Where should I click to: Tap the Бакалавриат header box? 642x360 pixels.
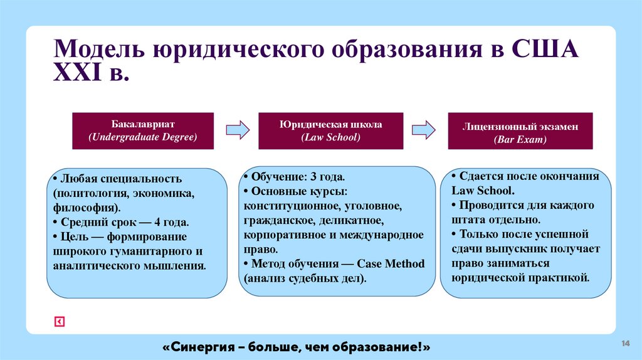pos(143,130)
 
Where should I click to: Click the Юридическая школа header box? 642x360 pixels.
pos(330,130)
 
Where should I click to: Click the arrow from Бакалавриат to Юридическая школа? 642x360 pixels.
pos(237,130)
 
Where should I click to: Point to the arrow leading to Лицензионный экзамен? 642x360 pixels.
pos(423,130)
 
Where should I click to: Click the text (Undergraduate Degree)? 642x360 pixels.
pos(143,137)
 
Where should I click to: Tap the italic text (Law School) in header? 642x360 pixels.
pos(330,137)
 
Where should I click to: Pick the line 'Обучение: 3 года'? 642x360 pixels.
pos(297,177)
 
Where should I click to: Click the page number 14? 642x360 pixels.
pos(625,342)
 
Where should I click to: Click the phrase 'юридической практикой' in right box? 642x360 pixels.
pos(520,277)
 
